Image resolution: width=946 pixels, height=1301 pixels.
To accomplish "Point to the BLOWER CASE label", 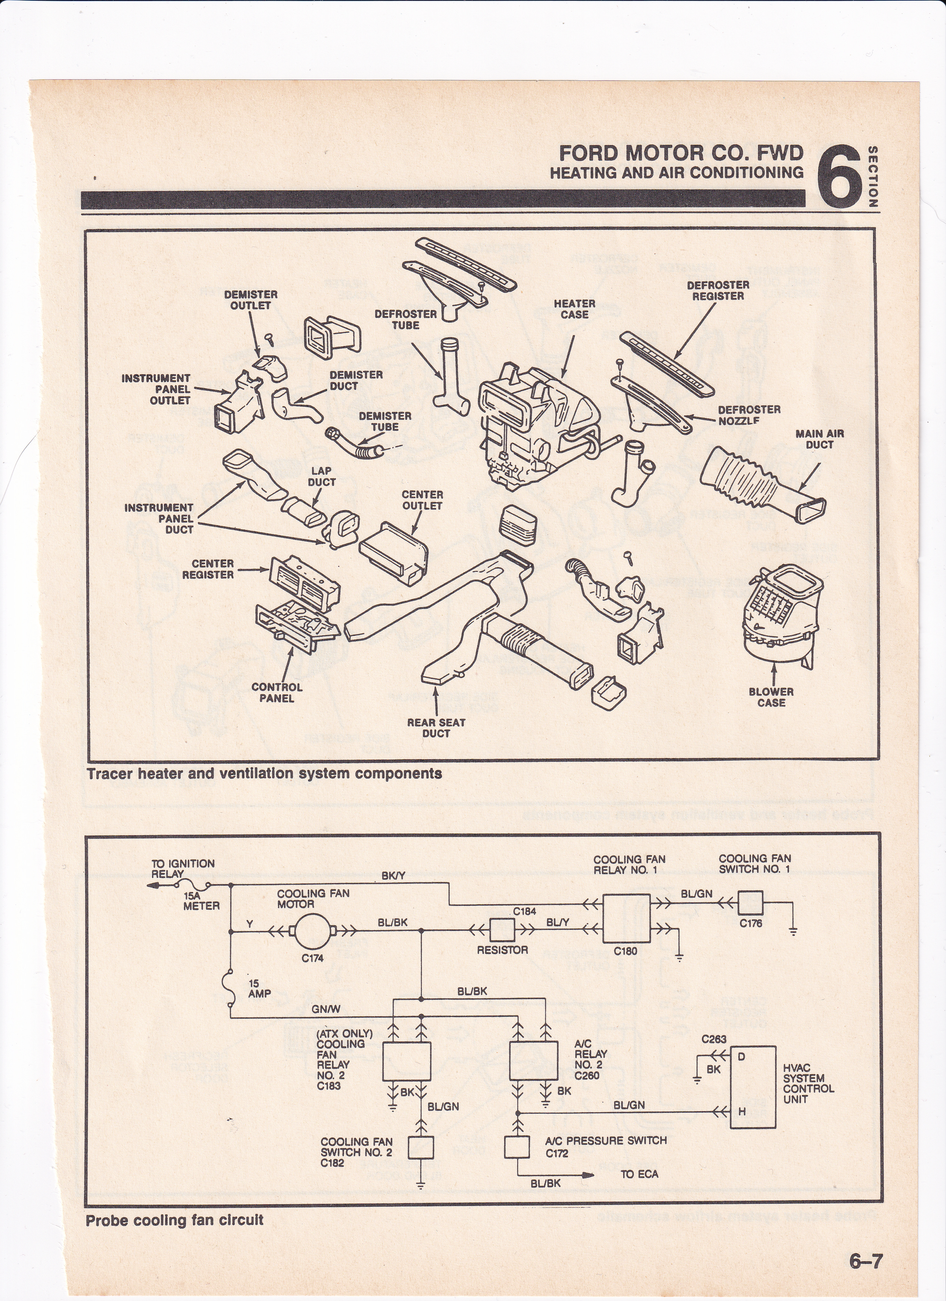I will click(771, 697).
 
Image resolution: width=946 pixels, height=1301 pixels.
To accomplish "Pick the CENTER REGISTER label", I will click(208, 569).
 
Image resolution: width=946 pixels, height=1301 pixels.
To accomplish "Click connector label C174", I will click(312, 958).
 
